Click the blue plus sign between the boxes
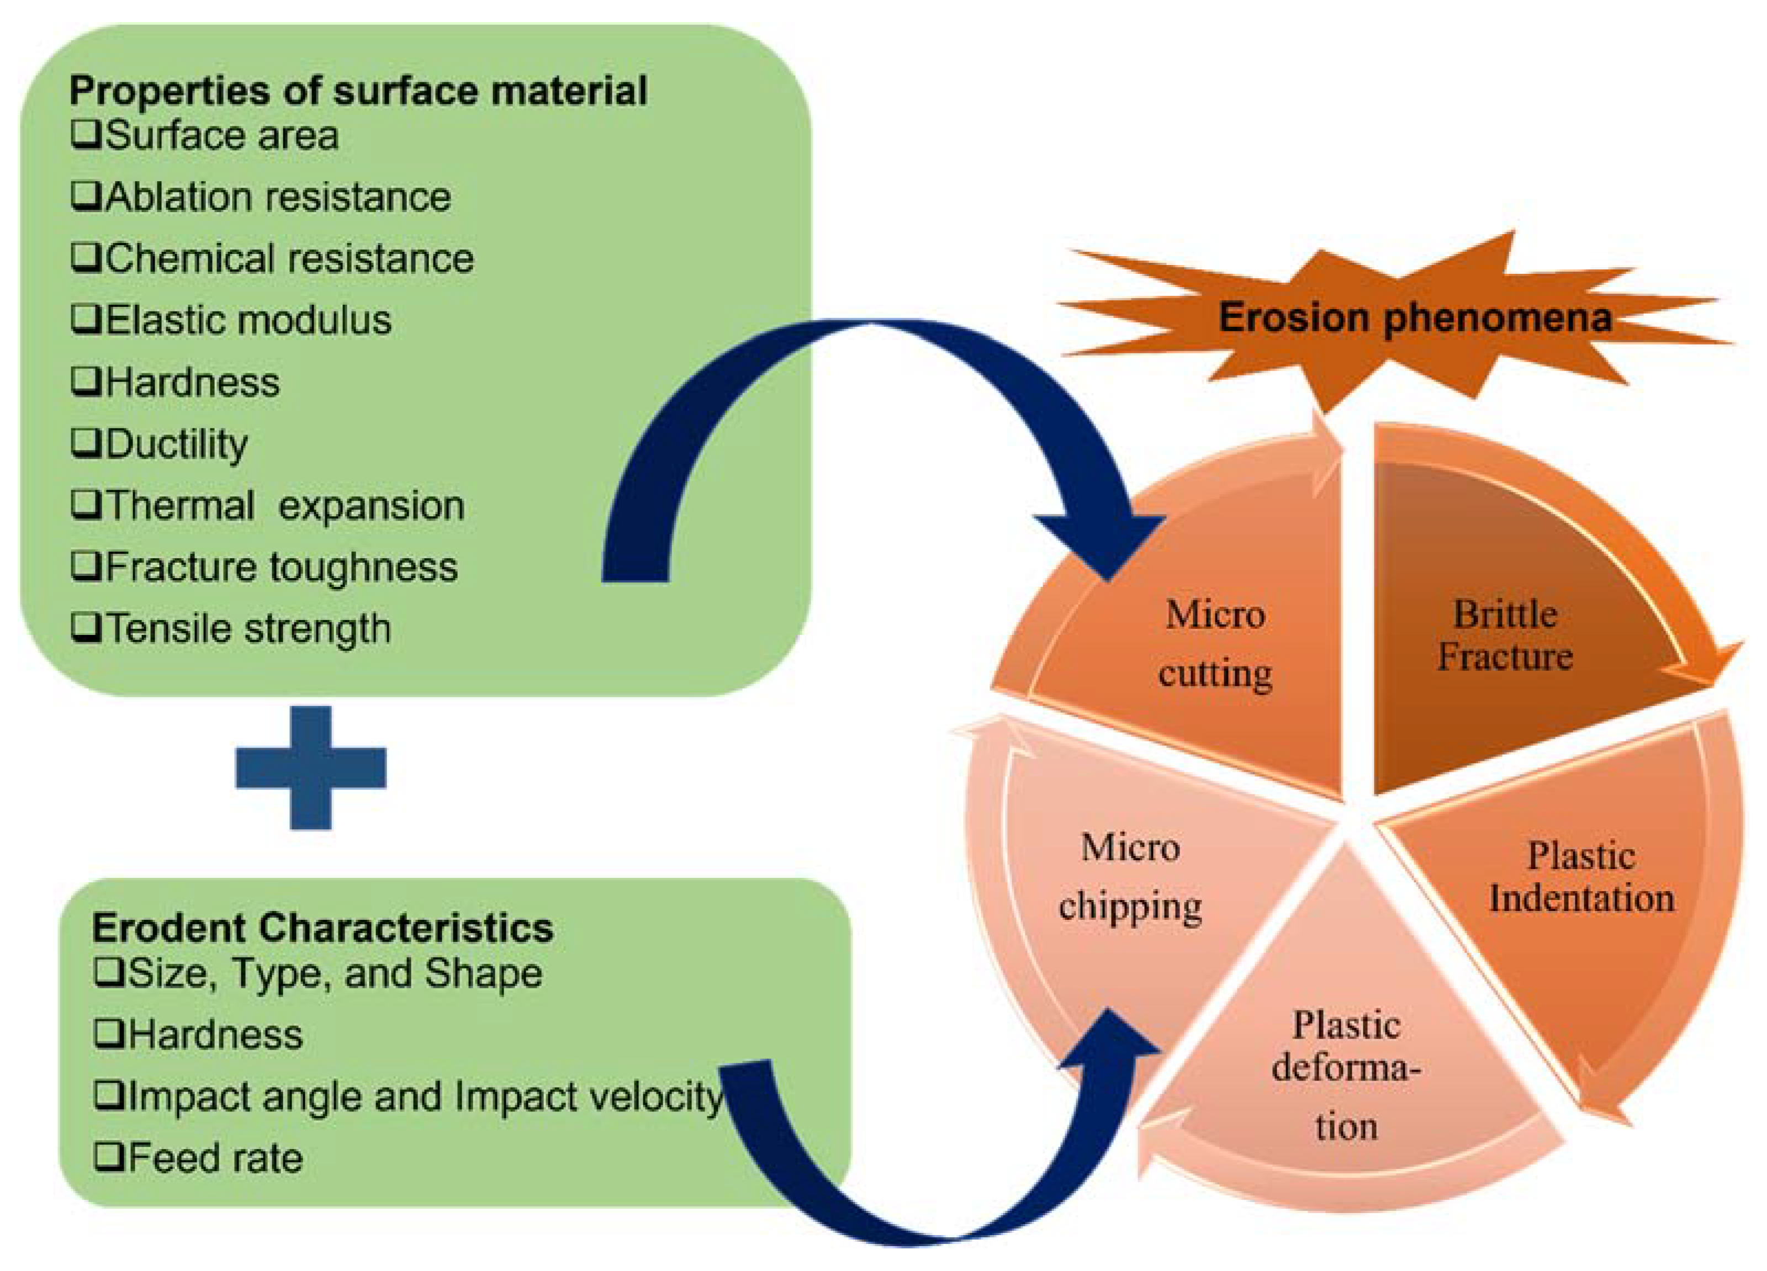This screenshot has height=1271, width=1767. click(311, 768)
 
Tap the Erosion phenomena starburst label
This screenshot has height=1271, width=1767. click(1414, 318)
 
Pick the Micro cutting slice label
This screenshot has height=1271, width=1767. click(1215, 643)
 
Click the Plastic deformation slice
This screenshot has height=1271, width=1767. click(1346, 1075)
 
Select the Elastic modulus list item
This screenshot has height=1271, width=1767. click(248, 320)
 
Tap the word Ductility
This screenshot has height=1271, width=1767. click(177, 444)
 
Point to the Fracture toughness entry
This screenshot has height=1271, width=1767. click(281, 567)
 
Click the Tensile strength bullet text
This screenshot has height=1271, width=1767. click(248, 628)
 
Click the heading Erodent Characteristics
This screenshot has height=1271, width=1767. click(322, 928)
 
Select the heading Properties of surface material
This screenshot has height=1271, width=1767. click(358, 91)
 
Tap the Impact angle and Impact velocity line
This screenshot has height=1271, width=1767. click(425, 1096)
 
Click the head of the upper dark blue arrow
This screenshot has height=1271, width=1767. click(1114, 545)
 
